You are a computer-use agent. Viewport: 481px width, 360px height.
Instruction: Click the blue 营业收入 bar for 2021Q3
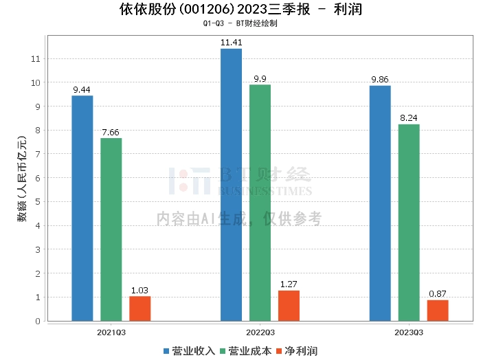coord(82,208)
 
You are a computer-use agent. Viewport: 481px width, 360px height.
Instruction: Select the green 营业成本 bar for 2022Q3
coord(260,203)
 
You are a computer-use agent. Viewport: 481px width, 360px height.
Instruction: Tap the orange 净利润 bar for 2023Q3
coord(438,311)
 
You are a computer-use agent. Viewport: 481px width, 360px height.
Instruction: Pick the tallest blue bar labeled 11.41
coord(231,185)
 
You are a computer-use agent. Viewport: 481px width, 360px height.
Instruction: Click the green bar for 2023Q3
coord(409,223)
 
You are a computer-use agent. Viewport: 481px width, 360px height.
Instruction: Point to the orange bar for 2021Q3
coord(140,308)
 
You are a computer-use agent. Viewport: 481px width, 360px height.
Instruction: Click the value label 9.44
coord(82,90)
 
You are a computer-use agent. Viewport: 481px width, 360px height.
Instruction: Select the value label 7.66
coord(111,133)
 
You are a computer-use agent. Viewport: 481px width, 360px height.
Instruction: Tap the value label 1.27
coord(289,284)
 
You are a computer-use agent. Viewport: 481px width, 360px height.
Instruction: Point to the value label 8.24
coord(409,118)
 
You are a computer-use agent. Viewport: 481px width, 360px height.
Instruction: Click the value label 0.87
coord(438,294)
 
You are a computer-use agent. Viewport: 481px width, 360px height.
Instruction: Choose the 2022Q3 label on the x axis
coord(260,333)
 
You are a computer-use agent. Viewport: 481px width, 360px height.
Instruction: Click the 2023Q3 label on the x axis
coord(409,333)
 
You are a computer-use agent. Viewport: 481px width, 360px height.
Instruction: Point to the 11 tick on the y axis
coord(36,58)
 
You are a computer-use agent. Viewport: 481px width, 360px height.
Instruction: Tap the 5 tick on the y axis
coord(38,202)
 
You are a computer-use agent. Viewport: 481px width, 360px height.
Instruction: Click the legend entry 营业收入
coord(189,351)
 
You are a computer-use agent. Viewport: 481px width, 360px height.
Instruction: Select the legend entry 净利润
coord(297,351)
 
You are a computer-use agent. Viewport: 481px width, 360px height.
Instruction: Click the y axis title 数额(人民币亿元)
coord(22,179)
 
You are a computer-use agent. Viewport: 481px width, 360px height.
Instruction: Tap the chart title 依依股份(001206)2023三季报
coord(214,9)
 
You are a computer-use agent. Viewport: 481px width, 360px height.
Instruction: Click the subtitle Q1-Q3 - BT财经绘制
coord(240,23)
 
